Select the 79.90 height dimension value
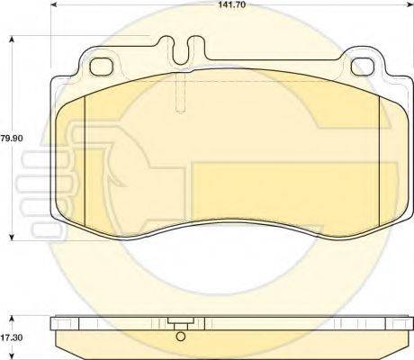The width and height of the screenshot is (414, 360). coord(12,139)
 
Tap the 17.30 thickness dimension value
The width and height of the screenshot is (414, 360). coord(12,337)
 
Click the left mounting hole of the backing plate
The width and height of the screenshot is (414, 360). coord(102,67)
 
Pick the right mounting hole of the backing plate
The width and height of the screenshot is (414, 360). coord(363,67)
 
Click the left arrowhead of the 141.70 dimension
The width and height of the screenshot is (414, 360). coord(53,4)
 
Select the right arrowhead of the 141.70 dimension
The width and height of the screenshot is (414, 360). coord(409,4)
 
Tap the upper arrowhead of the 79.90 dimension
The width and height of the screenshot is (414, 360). coord(12,40)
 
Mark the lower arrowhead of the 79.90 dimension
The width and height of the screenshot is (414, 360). coord(12,237)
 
